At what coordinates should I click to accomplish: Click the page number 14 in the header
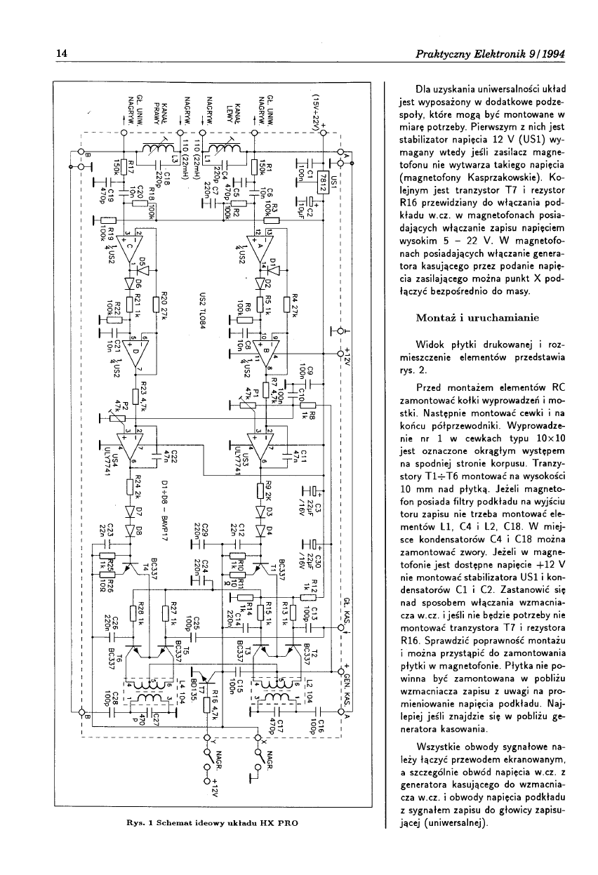[62, 54]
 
